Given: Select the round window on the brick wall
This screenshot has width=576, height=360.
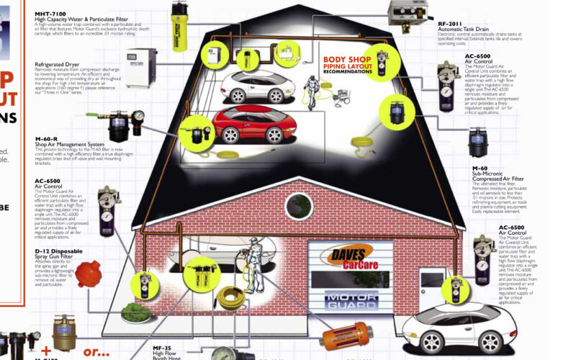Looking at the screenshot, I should (x=299, y=207).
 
